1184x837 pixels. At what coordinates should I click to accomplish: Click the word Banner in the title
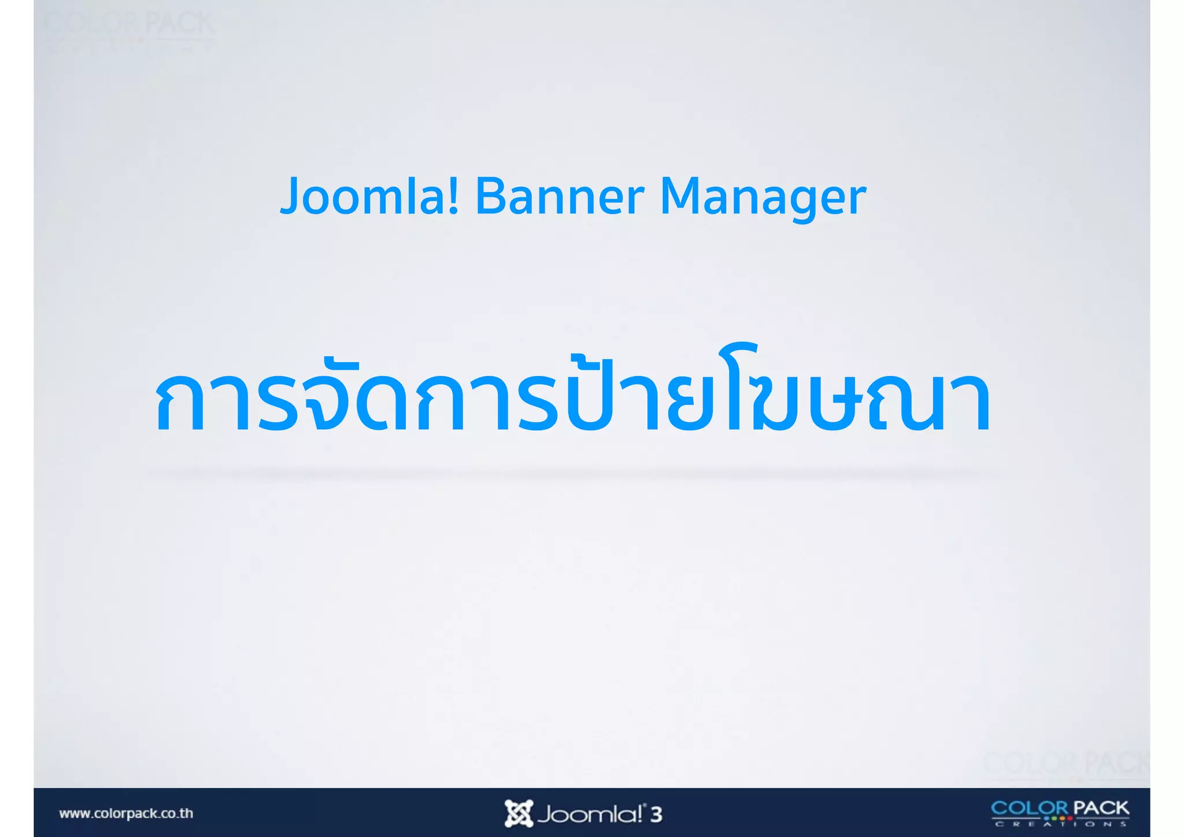coord(559,197)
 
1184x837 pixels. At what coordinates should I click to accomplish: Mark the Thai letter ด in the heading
coord(382,402)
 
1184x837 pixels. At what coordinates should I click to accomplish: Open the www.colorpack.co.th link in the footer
coord(126,813)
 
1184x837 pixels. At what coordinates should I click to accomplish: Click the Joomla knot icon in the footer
coord(518,813)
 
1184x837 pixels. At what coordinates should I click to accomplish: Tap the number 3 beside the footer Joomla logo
coord(656,814)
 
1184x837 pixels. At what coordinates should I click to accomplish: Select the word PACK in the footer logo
coord(1101,808)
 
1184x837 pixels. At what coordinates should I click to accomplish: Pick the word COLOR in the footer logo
coord(1030,808)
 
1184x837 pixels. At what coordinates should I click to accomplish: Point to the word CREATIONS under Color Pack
coord(1060,824)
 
